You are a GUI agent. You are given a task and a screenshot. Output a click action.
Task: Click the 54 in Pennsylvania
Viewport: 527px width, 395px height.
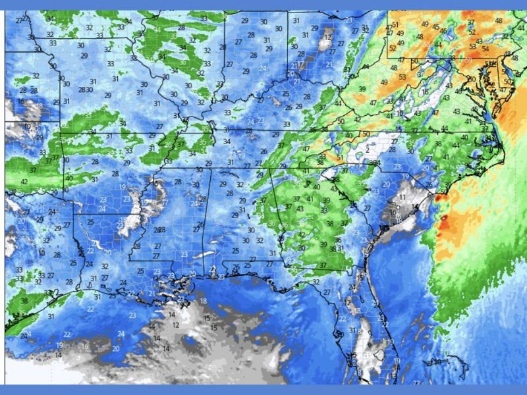485,49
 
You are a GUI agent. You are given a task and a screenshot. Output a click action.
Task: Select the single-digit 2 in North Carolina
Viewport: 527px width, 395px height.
367,150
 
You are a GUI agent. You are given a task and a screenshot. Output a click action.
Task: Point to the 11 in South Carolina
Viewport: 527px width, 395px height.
402,197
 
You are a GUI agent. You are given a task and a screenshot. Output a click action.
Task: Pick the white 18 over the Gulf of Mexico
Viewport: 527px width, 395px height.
203,301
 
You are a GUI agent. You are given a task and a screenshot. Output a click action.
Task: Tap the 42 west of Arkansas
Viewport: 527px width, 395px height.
24,182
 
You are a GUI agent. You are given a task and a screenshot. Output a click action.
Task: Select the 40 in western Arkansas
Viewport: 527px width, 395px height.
69,178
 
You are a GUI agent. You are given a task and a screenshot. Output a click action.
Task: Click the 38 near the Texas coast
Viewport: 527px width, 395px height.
24,301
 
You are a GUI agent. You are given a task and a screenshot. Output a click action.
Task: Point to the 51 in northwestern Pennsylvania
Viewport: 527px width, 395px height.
395,24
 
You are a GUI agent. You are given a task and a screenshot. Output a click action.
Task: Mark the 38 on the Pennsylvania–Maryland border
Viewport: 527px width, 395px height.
452,58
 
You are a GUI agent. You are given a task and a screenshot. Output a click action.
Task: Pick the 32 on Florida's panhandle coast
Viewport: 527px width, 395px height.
316,282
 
